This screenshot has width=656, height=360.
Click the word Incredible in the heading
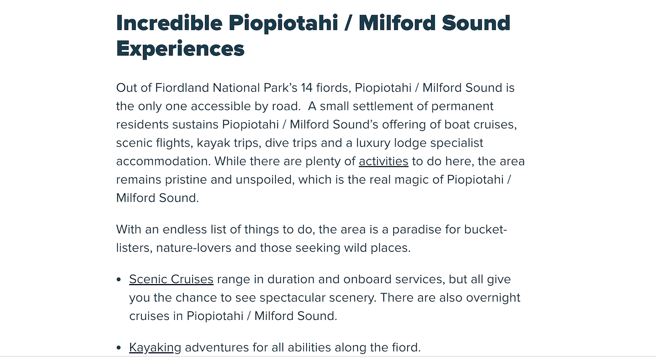[169, 23]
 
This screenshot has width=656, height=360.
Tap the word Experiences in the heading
[180, 49]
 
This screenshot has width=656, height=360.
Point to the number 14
[306, 88]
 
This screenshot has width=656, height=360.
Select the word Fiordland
[182, 88]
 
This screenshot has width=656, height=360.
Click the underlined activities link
[383, 161]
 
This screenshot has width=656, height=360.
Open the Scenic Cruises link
[171, 279]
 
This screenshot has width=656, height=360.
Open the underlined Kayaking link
[155, 347]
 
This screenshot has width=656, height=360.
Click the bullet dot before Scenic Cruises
[118, 279]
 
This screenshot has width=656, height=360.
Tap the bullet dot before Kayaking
[118, 348]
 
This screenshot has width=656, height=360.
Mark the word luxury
[373, 143]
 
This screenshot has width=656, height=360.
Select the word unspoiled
[265, 179]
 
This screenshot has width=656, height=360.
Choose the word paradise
[417, 229]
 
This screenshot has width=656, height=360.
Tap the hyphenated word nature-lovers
[194, 248]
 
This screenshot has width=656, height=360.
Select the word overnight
[493, 297]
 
